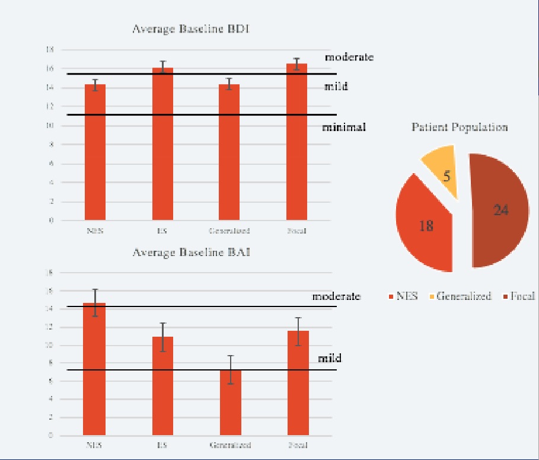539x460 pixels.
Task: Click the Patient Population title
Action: click(460, 127)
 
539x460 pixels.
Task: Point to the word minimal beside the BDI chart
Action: click(344, 127)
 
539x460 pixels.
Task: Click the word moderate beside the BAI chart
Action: click(336, 296)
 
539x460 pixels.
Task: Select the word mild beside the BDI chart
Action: click(336, 87)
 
